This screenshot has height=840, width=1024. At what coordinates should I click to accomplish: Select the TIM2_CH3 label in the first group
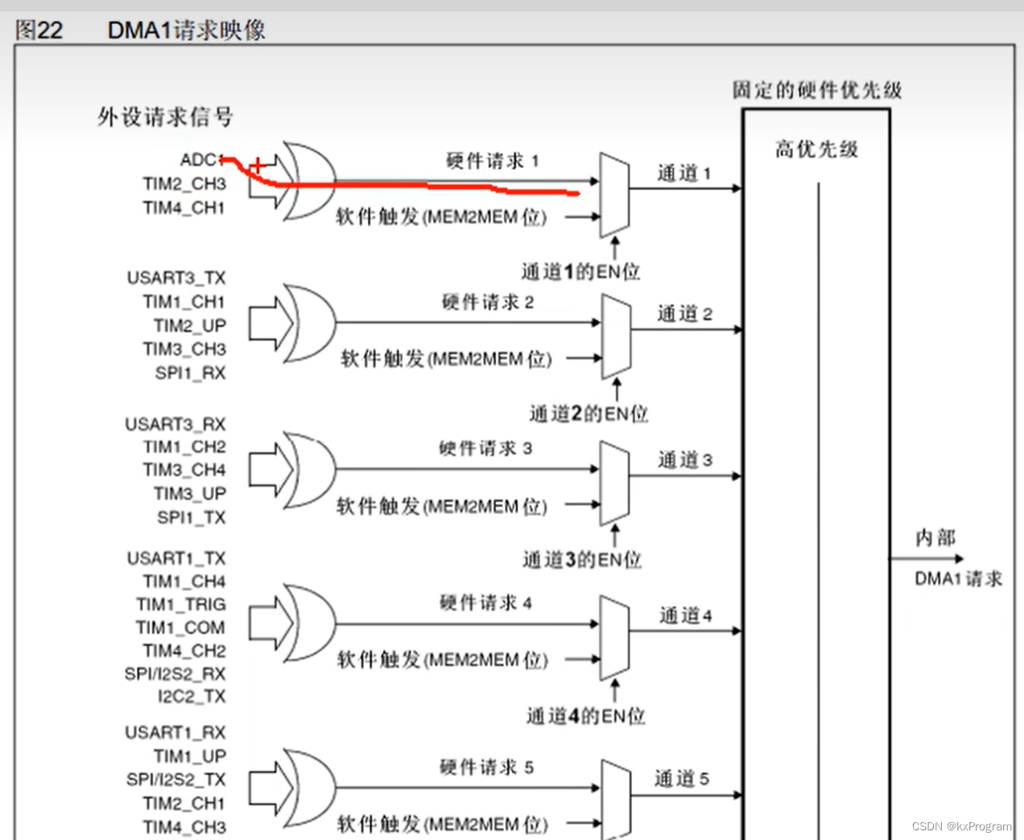point(184,184)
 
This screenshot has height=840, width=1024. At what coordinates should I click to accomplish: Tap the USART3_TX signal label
point(176,278)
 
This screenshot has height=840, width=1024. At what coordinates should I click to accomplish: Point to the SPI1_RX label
point(190,373)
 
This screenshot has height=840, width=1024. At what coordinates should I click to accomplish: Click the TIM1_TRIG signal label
point(181,604)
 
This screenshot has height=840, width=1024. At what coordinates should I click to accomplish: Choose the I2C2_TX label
point(192,697)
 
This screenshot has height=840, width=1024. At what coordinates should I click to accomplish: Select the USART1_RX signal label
point(175,733)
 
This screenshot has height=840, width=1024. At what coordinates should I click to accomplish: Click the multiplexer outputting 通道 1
point(614,194)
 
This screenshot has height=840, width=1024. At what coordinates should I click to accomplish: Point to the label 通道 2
point(684,314)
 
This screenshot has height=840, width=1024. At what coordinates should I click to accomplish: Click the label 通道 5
point(681,779)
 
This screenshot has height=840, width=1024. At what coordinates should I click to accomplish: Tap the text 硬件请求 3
point(485,448)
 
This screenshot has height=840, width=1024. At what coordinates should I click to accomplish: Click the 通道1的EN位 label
point(580,272)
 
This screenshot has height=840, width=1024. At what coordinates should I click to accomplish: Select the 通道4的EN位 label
point(585,716)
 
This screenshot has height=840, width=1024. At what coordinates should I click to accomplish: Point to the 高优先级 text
point(816,150)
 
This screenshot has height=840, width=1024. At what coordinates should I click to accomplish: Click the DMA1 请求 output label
point(958,579)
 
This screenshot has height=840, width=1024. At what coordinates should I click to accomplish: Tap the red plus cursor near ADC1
point(257,166)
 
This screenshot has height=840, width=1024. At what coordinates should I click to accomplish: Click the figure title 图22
point(39,31)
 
